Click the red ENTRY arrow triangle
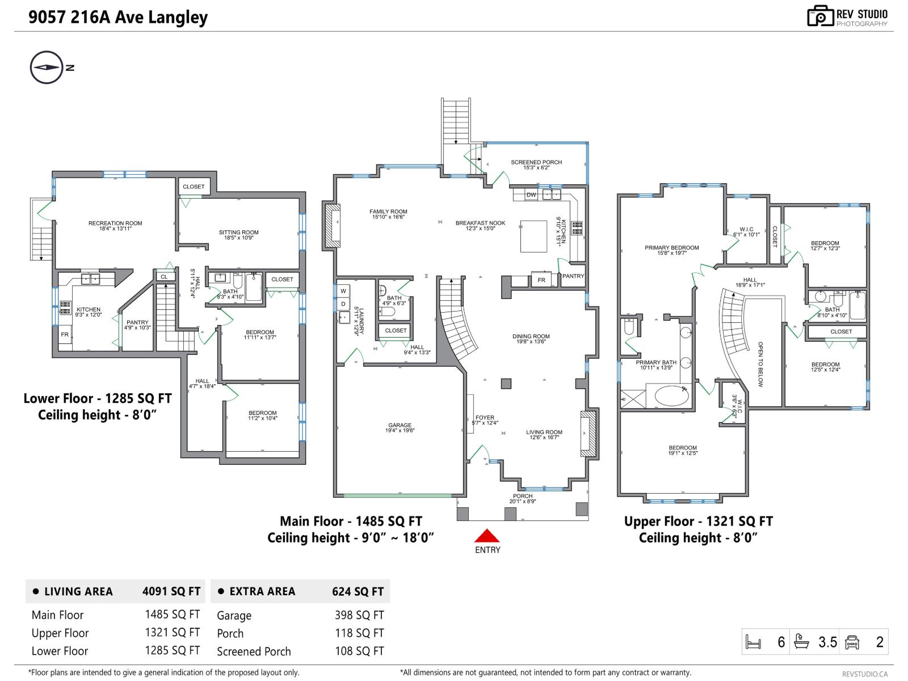487,536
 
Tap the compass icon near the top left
46,68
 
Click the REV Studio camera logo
821,16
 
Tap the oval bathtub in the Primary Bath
672,396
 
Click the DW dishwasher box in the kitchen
531,195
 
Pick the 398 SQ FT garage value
359,615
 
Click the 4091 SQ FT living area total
171,591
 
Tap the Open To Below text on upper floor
760,364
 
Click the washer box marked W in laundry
343,291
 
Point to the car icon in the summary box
852,642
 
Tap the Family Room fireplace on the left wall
332,226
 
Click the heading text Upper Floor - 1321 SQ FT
698,521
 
